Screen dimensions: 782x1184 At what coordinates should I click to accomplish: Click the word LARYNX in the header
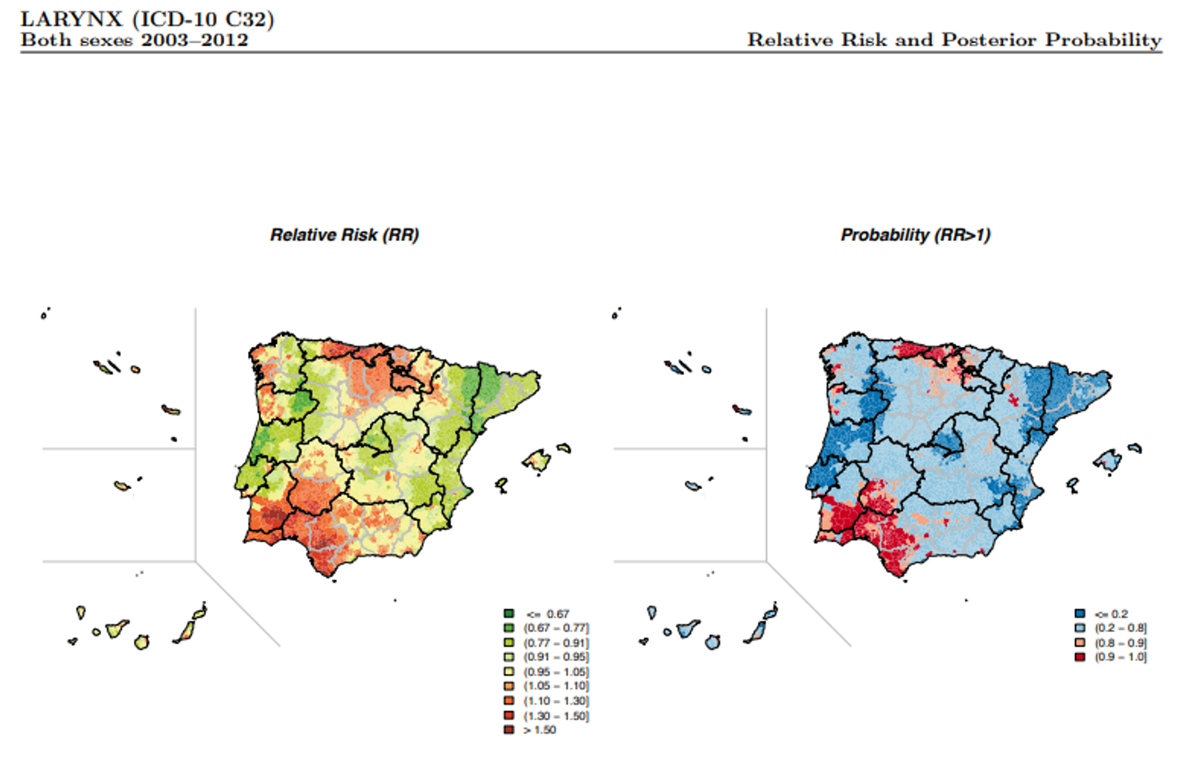[72, 19]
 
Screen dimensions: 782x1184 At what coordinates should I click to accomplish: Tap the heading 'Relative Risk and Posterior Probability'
[954, 40]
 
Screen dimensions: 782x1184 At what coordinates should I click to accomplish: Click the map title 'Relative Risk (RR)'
[344, 235]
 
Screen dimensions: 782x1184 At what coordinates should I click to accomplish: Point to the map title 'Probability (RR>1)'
[915, 235]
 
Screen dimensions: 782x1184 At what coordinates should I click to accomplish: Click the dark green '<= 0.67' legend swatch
[509, 614]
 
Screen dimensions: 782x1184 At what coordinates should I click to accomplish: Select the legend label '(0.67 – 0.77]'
[556, 628]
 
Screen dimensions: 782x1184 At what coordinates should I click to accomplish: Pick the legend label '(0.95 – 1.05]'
[556, 672]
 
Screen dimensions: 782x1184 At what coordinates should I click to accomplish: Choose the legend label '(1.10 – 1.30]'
[556, 701]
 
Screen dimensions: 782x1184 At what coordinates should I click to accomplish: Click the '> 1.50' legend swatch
[509, 730]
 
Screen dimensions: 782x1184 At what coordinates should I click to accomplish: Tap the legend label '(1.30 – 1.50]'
[556, 715]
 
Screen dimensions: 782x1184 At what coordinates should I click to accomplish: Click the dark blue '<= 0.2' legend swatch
[1080, 614]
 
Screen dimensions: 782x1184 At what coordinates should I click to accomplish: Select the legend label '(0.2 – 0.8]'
[1120, 628]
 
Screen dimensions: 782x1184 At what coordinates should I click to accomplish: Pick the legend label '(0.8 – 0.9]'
[1120, 643]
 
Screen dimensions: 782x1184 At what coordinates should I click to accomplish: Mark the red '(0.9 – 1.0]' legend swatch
[1080, 657]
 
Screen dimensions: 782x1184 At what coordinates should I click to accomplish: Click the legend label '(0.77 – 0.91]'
[556, 643]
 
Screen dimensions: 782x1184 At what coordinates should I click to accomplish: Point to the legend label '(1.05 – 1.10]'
[556, 686]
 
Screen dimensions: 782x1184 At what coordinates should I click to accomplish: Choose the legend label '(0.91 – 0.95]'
[556, 657]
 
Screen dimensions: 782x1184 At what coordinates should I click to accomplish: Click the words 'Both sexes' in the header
[76, 40]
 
